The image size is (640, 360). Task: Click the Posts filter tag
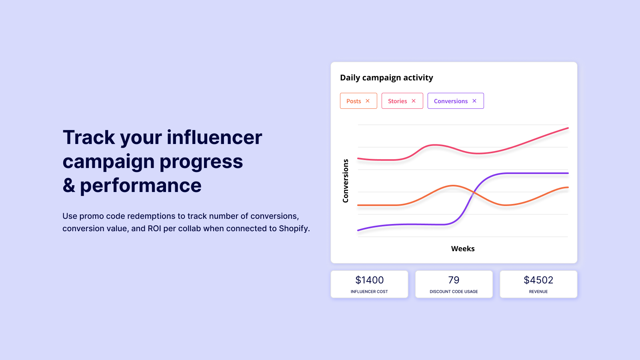(354, 101)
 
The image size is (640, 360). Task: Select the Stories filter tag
(397, 101)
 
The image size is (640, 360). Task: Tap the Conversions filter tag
(450, 101)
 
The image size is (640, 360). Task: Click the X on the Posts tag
(368, 101)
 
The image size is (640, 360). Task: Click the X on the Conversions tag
(474, 101)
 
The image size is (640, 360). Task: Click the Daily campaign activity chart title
(386, 78)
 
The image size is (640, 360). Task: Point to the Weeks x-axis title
(463, 248)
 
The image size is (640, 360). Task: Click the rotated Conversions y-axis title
(346, 181)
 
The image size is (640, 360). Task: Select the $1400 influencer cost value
(369, 280)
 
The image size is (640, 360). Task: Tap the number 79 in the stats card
(454, 280)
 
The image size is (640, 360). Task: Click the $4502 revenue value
(538, 280)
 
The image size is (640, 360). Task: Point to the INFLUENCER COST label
(369, 292)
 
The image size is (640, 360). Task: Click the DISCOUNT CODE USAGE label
(454, 292)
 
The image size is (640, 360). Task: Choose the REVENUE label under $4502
(538, 292)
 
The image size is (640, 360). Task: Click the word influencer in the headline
(214, 137)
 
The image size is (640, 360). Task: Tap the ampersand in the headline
(69, 186)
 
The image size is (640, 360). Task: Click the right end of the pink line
(568, 128)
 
